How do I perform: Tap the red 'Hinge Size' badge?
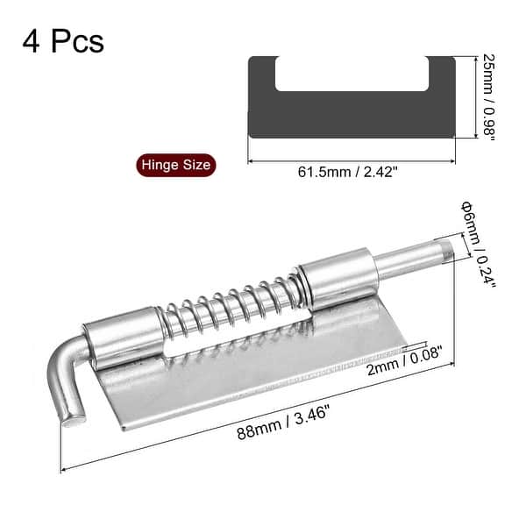pyautogui.click(x=174, y=164)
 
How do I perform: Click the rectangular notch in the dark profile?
pyautogui.click(x=351, y=75)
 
